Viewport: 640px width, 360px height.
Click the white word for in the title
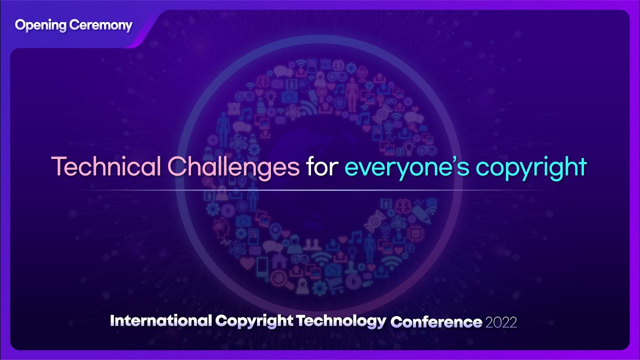click(321, 167)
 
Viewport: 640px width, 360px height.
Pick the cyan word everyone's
click(406, 167)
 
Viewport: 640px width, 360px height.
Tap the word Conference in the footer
click(436, 321)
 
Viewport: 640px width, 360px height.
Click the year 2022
click(500, 321)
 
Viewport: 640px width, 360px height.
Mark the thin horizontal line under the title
click(320, 191)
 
